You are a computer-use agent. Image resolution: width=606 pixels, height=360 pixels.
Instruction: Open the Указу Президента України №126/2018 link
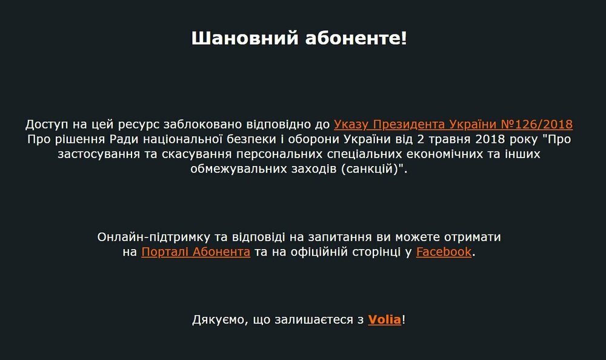(x=453, y=125)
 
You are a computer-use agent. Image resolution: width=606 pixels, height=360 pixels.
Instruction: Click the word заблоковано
(x=201, y=125)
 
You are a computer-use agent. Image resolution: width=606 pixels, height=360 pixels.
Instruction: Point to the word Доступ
(x=48, y=125)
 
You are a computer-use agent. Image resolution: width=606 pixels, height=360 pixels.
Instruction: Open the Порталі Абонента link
(x=196, y=252)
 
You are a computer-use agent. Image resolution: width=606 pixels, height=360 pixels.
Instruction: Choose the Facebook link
(x=444, y=252)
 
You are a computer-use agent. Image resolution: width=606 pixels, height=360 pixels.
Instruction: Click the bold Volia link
(x=384, y=319)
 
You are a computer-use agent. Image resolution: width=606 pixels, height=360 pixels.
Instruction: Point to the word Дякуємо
(x=218, y=319)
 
